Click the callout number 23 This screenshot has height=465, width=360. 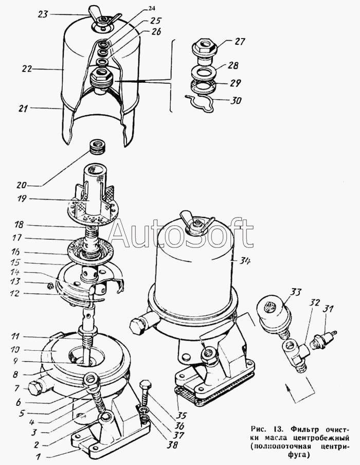[x=43, y=14]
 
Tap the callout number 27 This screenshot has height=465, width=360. [x=240, y=41]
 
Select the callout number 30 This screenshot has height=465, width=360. [x=236, y=100]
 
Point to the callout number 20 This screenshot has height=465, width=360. [x=22, y=185]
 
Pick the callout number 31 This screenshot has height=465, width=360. [x=328, y=309]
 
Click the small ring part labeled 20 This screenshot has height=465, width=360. [x=97, y=148]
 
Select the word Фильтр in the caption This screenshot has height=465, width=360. [x=301, y=430]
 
